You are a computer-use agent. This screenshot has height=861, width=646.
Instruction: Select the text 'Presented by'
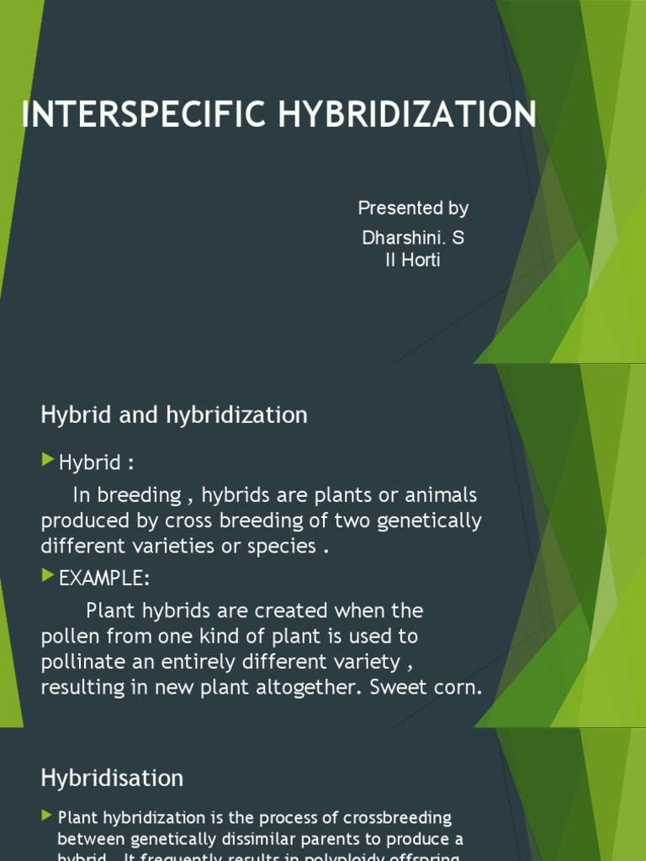click(x=413, y=208)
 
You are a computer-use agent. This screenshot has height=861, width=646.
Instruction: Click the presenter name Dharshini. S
click(x=413, y=238)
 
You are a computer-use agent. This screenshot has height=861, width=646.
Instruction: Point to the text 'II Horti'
click(x=412, y=260)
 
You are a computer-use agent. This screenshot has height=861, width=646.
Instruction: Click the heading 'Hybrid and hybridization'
click(x=174, y=415)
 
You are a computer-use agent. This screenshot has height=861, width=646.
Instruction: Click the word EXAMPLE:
click(x=104, y=578)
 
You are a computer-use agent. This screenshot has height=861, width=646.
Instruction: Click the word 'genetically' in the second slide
click(x=429, y=520)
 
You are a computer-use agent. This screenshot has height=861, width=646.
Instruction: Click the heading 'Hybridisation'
click(x=112, y=778)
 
